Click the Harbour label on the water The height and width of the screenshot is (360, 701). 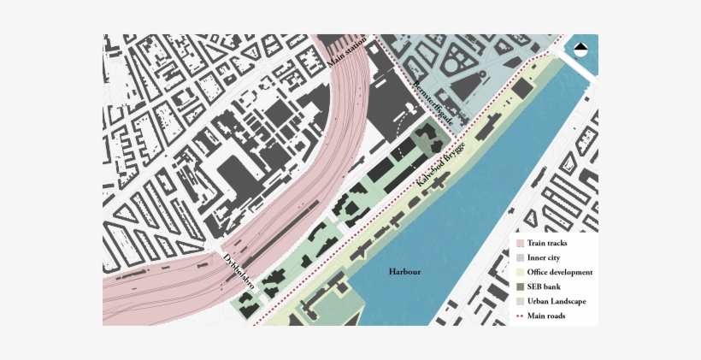point(404,272)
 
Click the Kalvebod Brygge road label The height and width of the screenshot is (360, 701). point(441,164)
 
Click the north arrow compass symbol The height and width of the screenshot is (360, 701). point(582,50)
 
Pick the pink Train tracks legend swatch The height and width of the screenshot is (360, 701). point(519,244)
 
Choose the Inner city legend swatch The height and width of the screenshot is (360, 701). point(519,258)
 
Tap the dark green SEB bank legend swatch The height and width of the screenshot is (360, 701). point(519,287)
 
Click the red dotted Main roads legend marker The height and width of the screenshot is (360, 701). point(519,316)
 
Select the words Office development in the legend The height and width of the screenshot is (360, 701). point(559,273)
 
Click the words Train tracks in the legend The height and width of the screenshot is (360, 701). point(547,244)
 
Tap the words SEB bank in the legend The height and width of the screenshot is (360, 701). point(545,287)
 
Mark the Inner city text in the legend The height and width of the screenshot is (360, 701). point(545,258)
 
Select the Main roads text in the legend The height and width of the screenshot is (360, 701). point(545,316)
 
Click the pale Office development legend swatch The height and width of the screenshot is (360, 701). point(519,273)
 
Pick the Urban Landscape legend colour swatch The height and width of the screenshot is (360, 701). point(519,302)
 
